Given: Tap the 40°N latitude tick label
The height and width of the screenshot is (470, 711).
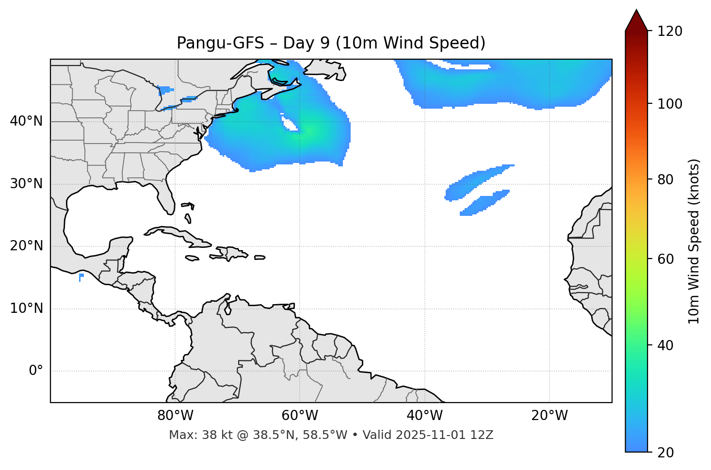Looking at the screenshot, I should [x=26, y=121].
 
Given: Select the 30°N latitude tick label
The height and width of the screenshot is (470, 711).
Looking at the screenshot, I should [x=26, y=184].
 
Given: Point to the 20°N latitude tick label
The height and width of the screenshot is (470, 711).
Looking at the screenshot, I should [x=26, y=246].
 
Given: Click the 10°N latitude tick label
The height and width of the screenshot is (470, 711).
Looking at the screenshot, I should [x=26, y=308].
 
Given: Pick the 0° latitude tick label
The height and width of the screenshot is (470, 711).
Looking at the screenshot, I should [x=36, y=371].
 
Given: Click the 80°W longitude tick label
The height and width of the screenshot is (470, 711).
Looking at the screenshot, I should [x=175, y=416].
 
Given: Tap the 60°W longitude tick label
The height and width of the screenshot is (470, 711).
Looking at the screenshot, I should [x=300, y=416].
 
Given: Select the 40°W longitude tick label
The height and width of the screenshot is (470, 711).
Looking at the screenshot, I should [x=424, y=416].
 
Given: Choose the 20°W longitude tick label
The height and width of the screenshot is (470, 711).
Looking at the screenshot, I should [x=549, y=416].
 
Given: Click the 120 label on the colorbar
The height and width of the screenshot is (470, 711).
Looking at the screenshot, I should [x=670, y=32].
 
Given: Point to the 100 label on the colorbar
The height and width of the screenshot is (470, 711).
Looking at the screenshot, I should [x=670, y=104].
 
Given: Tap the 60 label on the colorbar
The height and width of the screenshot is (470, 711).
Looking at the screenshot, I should [x=666, y=259].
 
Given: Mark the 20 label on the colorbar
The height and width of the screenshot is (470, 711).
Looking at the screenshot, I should [x=666, y=453].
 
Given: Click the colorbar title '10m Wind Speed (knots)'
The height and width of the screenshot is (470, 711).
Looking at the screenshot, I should [x=694, y=241].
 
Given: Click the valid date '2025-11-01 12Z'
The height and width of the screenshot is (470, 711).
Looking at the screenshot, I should [x=444, y=435].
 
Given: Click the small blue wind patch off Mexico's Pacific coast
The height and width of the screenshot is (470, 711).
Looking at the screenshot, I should [x=81, y=276].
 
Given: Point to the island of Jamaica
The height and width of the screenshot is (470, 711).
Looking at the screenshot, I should [x=192, y=258].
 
